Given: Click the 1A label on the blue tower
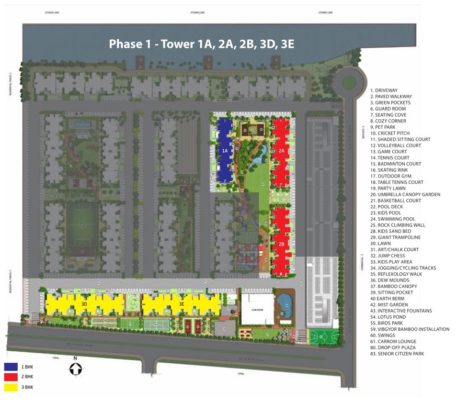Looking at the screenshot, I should click(x=225, y=151).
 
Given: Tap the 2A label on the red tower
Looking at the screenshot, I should click(x=281, y=151).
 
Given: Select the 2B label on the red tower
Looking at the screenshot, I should click(x=281, y=244).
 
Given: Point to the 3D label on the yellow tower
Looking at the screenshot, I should click(x=84, y=304).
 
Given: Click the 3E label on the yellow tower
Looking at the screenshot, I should click(x=181, y=304).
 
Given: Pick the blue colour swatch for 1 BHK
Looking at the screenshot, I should click(x=11, y=366).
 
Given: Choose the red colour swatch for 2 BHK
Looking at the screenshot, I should click(x=11, y=377).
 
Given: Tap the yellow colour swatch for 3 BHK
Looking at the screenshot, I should click(x=11, y=388).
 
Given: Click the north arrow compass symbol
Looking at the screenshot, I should click(x=75, y=368).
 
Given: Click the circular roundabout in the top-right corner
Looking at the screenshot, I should click(x=349, y=82).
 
